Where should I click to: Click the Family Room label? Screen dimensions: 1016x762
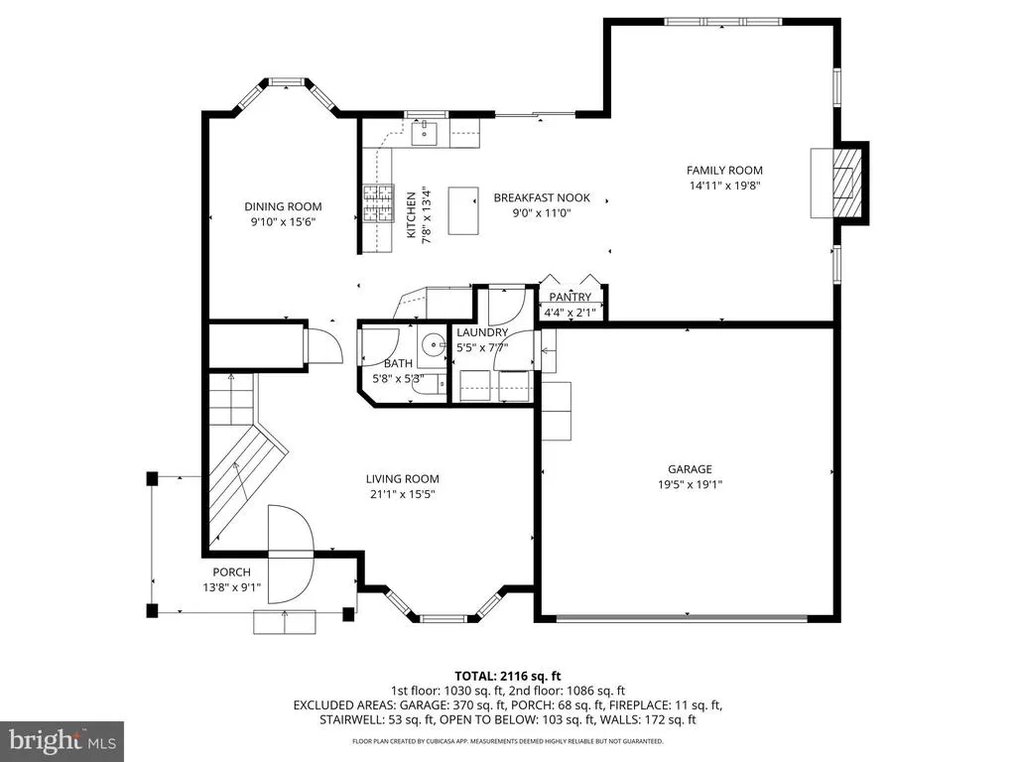coord(724,171)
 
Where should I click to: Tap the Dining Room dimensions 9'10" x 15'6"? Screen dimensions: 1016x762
coord(283,221)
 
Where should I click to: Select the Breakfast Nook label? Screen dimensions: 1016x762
coord(542,197)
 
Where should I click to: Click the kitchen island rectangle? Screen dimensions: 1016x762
coord(463,210)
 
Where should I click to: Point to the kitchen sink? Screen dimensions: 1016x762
coord(425,133)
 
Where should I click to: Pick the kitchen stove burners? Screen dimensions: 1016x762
coord(378,203)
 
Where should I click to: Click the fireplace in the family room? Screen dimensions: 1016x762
coord(839,184)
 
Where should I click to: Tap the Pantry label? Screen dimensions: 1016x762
coord(571,297)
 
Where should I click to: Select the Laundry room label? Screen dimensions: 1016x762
coord(482,332)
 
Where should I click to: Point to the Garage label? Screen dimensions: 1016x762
coord(691,469)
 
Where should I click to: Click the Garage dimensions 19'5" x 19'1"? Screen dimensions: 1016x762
coord(691,484)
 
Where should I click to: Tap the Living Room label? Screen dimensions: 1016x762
coord(403,479)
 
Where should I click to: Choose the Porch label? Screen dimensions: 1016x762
coord(231,572)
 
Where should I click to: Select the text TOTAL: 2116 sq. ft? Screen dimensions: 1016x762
coord(507,677)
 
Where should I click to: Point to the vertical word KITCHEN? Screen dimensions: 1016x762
coord(411,214)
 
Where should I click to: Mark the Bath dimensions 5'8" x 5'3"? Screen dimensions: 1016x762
coord(398,378)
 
